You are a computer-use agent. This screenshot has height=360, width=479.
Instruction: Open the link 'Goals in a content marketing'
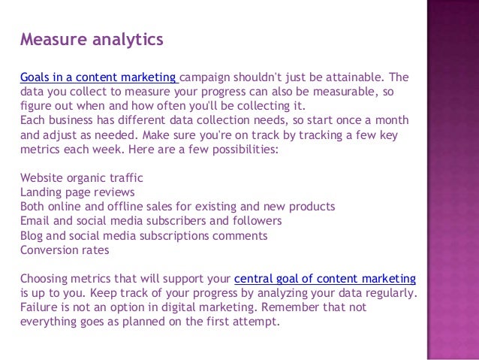[x=98, y=77]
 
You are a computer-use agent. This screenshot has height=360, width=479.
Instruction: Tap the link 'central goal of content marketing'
[x=325, y=279]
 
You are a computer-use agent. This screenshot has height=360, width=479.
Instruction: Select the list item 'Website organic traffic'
[x=81, y=178]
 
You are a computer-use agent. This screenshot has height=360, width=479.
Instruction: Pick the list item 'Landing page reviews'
[x=78, y=192]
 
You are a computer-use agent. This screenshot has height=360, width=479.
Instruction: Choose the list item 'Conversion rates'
[x=65, y=250]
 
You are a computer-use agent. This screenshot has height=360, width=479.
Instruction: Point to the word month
[x=392, y=120]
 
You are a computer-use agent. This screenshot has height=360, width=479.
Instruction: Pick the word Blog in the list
[x=32, y=236]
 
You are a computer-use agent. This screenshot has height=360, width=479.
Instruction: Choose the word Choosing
[x=46, y=279]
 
